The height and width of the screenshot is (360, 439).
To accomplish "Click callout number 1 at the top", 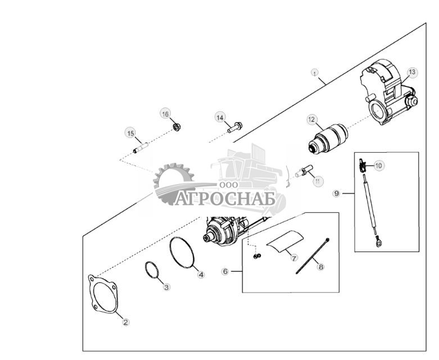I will point(315,73).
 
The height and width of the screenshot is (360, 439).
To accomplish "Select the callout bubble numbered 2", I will point(126,322).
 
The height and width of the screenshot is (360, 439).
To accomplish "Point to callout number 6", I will point(225,271).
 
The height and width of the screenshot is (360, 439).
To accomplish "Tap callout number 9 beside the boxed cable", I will point(337,193).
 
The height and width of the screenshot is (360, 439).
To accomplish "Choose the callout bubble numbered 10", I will point(378,166).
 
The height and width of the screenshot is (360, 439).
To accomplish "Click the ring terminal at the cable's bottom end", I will point(378,243).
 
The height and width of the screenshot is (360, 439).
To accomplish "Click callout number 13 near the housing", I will point(412,72).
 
